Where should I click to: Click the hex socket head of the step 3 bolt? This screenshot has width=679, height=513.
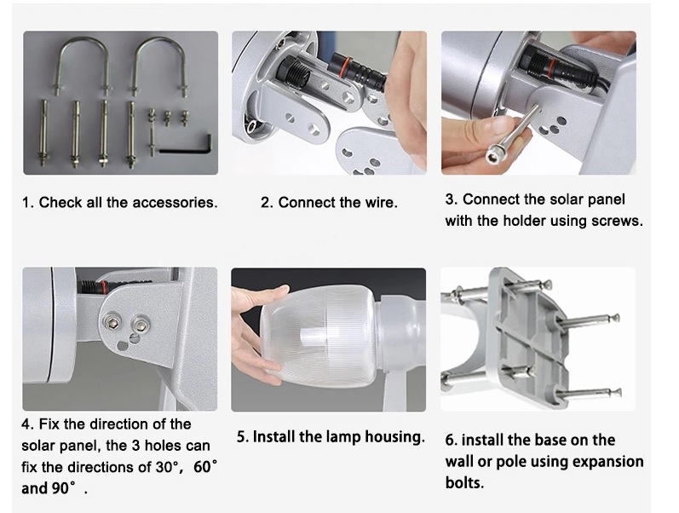(493, 156)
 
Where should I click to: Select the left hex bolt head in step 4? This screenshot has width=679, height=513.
(112, 322)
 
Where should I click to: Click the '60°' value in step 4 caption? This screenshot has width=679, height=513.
(205, 467)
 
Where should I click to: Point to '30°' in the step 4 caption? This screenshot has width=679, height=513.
(169, 467)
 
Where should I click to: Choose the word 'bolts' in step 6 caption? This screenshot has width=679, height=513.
(463, 482)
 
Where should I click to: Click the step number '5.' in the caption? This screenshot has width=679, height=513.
(243, 437)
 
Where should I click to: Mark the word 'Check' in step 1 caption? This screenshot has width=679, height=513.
(60, 202)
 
